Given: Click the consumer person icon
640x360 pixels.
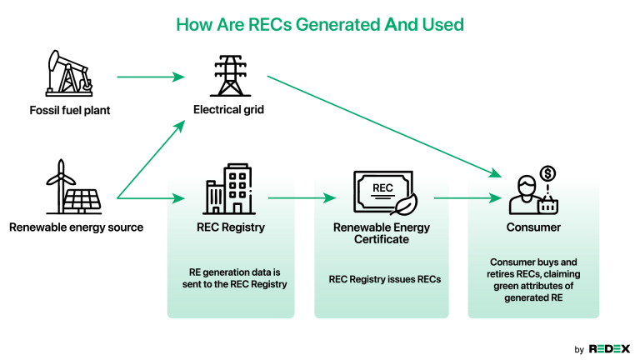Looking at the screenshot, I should (526, 194).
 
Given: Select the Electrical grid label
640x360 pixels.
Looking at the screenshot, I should (228, 110).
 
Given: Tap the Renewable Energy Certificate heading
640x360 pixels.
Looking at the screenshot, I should (382, 232).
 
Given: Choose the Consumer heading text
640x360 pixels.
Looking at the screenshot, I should (532, 227).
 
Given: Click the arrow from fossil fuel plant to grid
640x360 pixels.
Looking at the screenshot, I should (150, 77).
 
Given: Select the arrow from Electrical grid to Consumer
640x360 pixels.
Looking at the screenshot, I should (383, 126).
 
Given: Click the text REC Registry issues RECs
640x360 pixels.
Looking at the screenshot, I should (384, 279).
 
